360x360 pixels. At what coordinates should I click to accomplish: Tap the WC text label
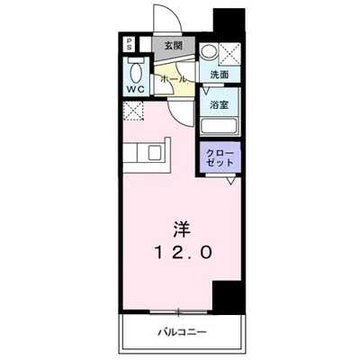136,89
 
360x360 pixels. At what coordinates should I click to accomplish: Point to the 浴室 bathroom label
220,104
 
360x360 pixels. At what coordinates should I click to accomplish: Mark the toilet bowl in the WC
135,69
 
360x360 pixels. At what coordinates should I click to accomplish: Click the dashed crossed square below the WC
132,111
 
